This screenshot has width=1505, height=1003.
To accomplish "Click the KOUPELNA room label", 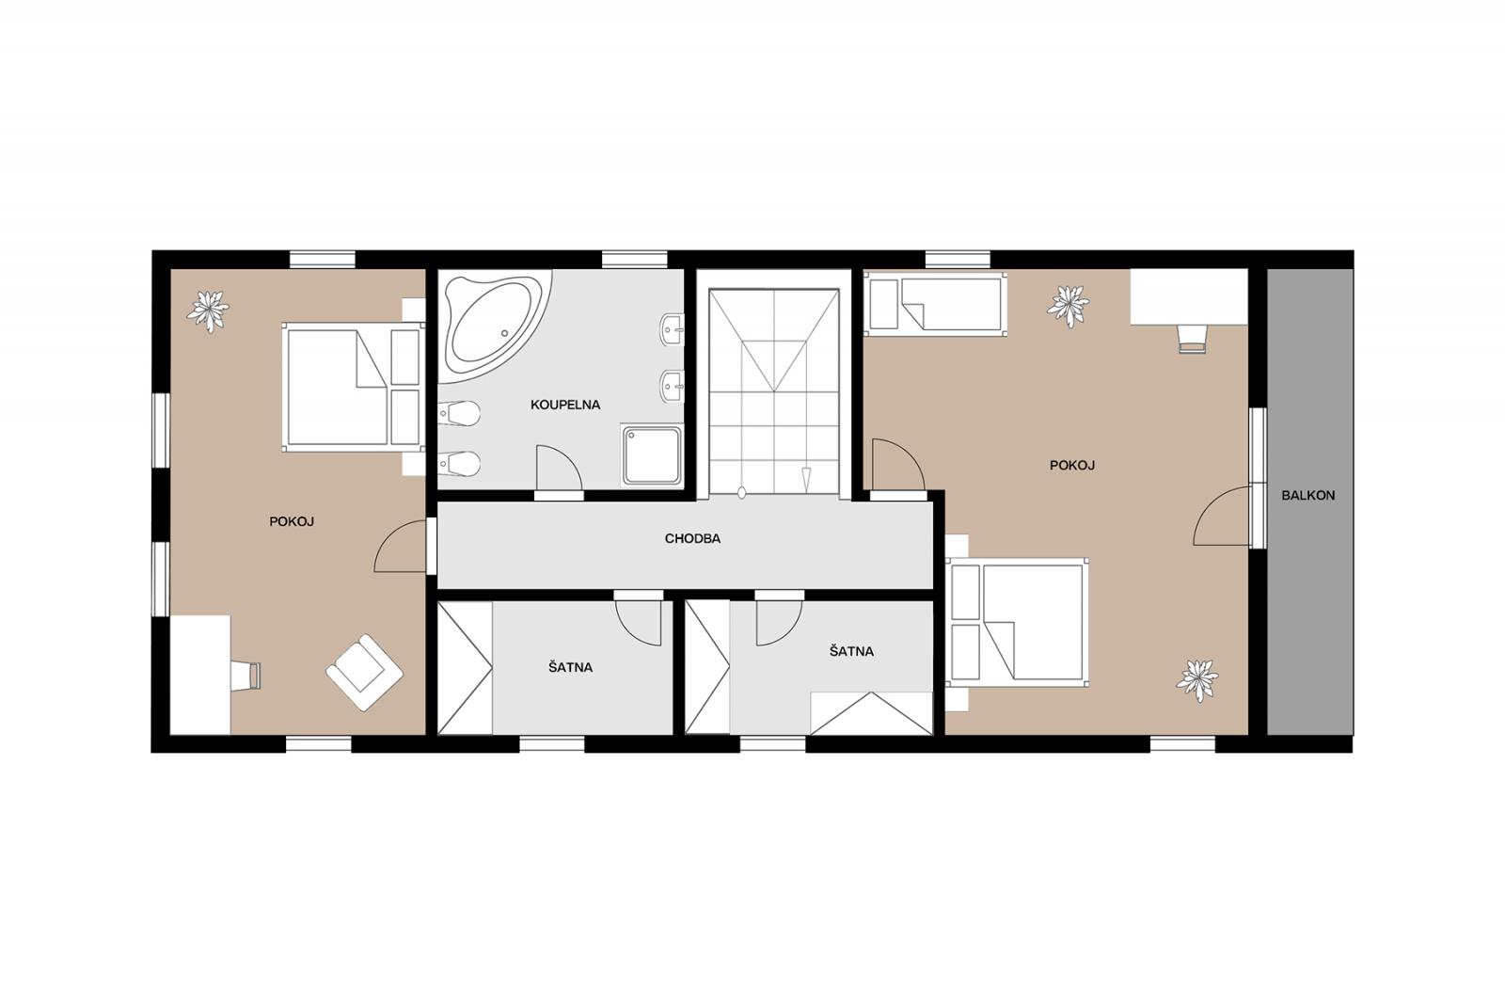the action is pos(565,405).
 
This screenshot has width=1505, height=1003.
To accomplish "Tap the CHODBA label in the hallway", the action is pos(692,538).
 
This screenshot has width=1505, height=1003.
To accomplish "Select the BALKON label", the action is pos(1308,496).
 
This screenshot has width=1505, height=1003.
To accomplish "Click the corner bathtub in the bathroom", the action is pos(494,326).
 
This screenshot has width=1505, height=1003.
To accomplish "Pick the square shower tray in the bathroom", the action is pos(652,455).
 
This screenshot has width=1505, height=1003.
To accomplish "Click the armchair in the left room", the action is pos(364,672).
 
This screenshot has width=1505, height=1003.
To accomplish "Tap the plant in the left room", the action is pos(208,311).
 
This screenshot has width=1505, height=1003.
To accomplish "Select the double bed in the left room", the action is pos(354,388).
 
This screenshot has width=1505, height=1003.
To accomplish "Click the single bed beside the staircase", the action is pos(935,304).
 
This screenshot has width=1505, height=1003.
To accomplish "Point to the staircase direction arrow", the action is pos(806,479).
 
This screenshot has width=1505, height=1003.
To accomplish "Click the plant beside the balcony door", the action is pos(1196,681).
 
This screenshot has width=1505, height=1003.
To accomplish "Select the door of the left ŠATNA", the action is pos(639,623).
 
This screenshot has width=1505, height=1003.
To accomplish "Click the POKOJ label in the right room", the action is pos(1072,465).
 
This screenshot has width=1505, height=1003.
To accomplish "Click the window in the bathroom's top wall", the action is pos(634,260).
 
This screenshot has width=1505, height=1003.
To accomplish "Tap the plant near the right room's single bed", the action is pos(1069,306).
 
